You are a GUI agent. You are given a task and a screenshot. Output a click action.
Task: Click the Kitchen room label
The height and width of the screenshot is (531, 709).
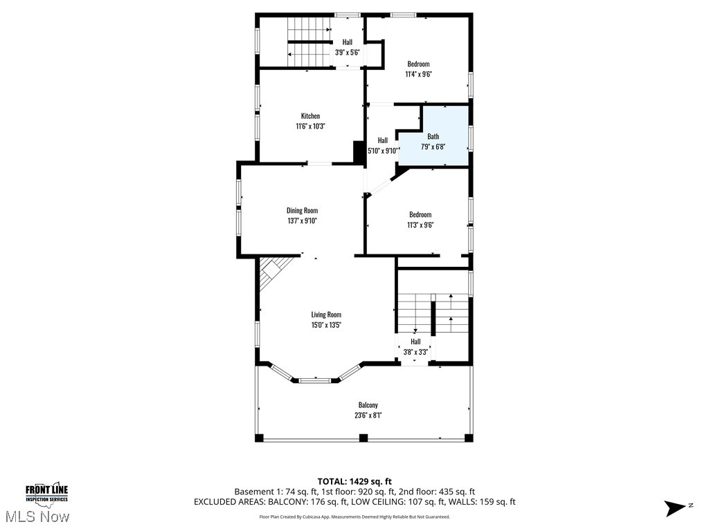click(x=310, y=116)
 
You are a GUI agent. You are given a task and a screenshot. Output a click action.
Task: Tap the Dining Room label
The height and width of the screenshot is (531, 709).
click(x=302, y=211)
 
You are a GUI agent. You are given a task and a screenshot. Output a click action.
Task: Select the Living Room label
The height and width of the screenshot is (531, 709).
click(x=325, y=315)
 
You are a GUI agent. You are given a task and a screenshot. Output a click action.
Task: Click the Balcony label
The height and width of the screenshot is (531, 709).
click(x=368, y=405)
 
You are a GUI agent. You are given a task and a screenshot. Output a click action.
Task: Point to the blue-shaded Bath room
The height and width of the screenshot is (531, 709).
click(x=433, y=137)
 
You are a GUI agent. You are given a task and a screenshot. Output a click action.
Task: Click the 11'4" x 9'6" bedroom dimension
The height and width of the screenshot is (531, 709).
click(x=418, y=74)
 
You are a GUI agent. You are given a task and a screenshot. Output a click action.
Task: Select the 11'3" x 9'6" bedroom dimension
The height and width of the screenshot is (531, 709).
click(x=420, y=225)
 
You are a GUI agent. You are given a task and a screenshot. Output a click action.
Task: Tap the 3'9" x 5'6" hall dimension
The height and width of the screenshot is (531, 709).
click(x=347, y=52)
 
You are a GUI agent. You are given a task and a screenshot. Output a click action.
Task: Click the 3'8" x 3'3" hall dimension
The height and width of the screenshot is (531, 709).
click(x=415, y=351)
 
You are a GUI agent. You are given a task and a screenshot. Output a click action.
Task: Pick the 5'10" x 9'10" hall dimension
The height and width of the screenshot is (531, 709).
click(x=383, y=151)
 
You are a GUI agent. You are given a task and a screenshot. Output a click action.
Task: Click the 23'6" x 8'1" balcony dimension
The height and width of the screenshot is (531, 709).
click(x=368, y=415)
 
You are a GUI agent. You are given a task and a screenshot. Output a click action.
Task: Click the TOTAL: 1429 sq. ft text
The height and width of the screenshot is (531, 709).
click(x=354, y=481)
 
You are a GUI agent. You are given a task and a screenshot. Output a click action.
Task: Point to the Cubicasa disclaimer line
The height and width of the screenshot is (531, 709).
click(x=354, y=516)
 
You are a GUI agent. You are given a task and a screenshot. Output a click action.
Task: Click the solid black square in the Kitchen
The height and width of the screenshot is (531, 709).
click(x=359, y=151)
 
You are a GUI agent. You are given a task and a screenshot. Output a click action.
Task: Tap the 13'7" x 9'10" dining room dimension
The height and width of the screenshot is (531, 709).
click(x=302, y=221)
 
